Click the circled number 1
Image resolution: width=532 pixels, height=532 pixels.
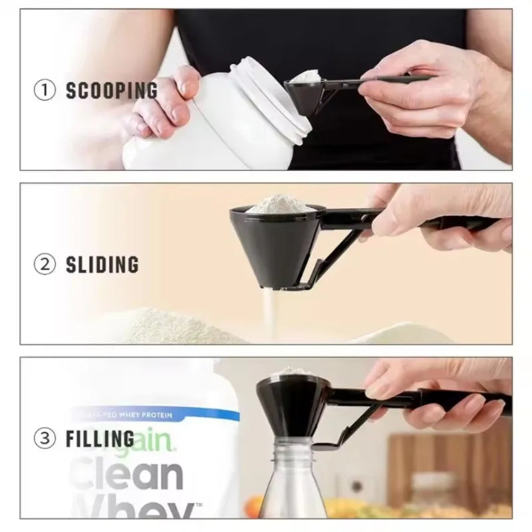[45, 90]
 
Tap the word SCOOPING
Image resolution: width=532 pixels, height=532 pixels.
[112, 90]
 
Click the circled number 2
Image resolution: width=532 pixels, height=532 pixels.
[45, 265]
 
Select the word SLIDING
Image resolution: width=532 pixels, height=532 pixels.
[102, 265]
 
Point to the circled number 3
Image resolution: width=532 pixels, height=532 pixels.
[45, 439]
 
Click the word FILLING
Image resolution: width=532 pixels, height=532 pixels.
[100, 439]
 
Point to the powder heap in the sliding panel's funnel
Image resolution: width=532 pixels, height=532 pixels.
[277, 203]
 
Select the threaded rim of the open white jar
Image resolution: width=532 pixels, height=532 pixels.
[279, 100]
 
